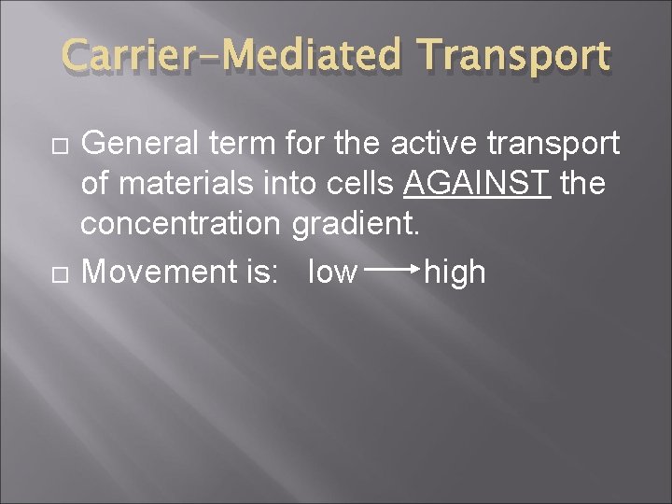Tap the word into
(x=287, y=184)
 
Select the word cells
(x=358, y=184)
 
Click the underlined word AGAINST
(x=478, y=184)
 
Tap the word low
(x=332, y=272)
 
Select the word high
(x=455, y=272)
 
